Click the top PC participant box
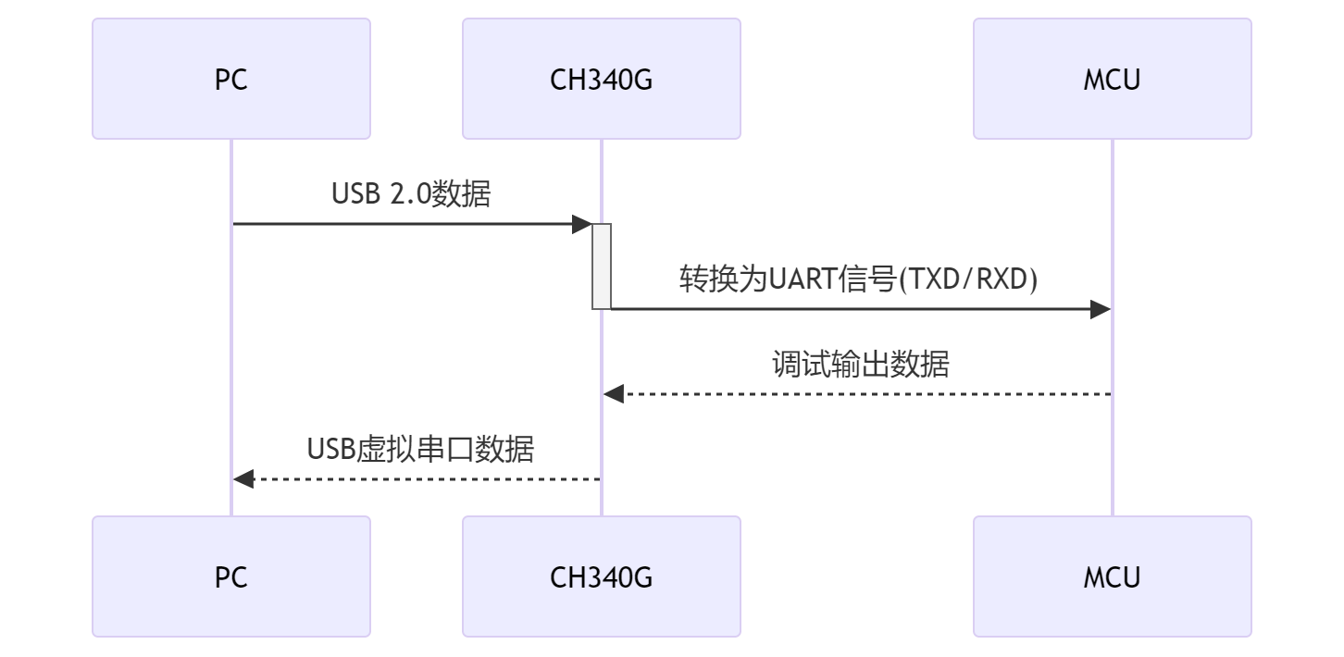pos(231,80)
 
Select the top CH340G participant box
pos(602,80)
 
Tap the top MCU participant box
pos(1112,80)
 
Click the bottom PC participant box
pos(231,577)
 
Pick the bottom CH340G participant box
pos(602,577)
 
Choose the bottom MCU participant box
pos(1112,577)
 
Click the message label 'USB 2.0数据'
pos(411,194)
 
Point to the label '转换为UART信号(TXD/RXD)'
pos(858,279)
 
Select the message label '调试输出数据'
pos(860,365)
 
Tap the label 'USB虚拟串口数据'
pos(421,450)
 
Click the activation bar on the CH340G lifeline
pos(602,266)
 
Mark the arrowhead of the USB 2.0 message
pos(582,224)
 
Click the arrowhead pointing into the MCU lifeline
pos(1101,309)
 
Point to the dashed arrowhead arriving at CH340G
pos(613,394)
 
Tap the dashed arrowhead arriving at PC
pos(243,479)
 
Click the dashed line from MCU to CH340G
pos(861,394)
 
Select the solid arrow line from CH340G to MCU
pos(852,309)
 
